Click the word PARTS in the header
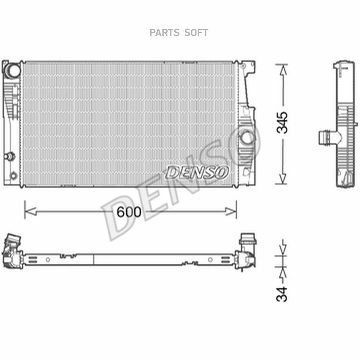pyautogui.click(x=164, y=33)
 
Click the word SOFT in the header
pyautogui.click(x=196, y=33)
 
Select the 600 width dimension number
pyautogui.click(x=129, y=212)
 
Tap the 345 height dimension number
pyautogui.click(x=282, y=123)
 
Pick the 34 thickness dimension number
pyautogui.click(x=282, y=294)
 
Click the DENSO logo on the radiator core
pyautogui.click(x=197, y=172)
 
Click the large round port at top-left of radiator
pyautogui.click(x=13, y=70)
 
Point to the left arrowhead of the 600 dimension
pyautogui.click(x=30, y=211)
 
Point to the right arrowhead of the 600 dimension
pyautogui.click(x=230, y=211)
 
